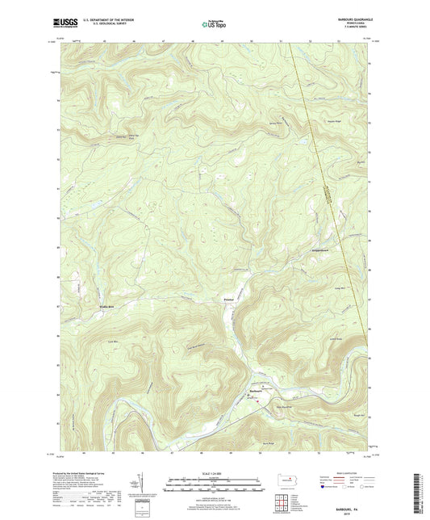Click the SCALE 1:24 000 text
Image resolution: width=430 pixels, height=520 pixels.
pyautogui.click(x=214, y=473)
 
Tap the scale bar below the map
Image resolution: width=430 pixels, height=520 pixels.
pyautogui.click(x=214, y=485)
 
